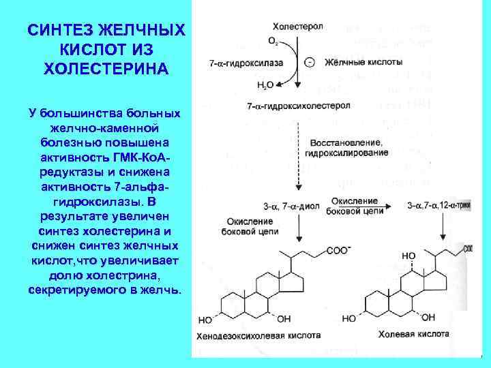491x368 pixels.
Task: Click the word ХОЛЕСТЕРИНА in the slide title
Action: [106, 70]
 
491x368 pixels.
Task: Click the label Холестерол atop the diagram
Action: [298, 26]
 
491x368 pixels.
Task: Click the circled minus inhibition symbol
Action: [310, 63]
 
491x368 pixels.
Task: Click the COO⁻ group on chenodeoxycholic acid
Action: [338, 250]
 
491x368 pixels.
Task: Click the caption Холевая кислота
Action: [416, 335]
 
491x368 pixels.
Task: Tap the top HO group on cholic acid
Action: [408, 256]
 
